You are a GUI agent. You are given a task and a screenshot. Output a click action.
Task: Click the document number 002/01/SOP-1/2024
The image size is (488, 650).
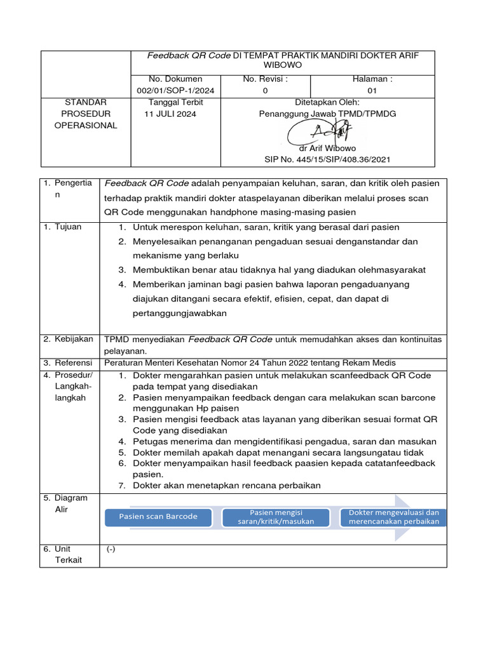175,91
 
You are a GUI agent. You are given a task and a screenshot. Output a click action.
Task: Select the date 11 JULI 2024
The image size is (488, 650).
171,114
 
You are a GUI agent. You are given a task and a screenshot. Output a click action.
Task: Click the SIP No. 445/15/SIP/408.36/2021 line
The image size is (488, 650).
327,160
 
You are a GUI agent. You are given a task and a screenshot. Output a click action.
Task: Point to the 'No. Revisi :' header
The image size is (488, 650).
265,79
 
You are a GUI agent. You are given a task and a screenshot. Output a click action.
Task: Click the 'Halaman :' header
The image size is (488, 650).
372,79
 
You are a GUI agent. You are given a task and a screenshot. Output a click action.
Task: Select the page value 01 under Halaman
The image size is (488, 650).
372,91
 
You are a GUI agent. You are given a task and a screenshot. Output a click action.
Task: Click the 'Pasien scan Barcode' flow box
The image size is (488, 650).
158,516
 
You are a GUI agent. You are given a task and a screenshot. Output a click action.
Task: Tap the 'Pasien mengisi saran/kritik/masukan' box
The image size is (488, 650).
276,517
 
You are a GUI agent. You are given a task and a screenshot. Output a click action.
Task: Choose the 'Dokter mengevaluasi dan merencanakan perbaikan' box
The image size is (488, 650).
394,517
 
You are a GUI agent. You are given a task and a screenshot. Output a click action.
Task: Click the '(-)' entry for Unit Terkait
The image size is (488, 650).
111,550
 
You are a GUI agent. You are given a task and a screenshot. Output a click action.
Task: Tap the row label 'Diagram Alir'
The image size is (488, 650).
66,503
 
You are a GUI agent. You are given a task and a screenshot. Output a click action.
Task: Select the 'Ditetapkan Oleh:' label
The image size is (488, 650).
327,102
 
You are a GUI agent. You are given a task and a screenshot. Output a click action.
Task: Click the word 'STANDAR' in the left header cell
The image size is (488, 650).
86,102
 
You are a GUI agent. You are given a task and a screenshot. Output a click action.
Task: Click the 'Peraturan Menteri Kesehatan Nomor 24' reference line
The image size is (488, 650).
249,363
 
